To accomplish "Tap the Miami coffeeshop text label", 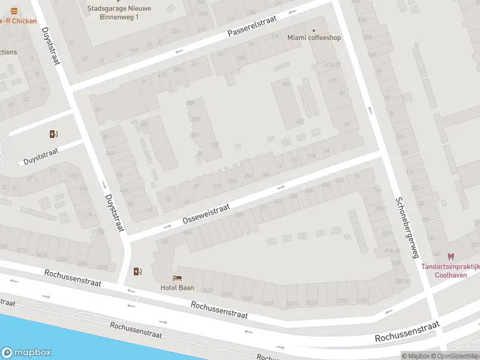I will click(314, 38).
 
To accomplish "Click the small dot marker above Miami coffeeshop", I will click(313, 30).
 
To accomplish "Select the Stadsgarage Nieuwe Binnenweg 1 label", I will click(119, 13).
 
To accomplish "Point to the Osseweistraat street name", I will click(206, 214).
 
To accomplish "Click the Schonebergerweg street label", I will click(406, 227).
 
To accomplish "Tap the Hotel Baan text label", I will click(177, 287).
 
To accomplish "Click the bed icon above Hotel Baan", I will click(177, 278).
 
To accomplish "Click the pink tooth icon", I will click(451, 257).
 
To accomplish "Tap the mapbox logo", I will click(26, 353).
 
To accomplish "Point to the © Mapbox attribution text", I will click(417, 356).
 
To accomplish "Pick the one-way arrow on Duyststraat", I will click(104, 184).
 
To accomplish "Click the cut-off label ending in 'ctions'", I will click(8, 52).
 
